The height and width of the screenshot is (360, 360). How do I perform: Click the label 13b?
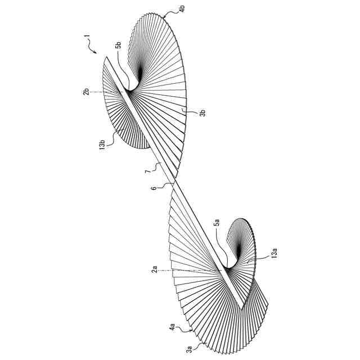pos(102,145)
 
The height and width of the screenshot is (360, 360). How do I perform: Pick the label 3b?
pos(203,112)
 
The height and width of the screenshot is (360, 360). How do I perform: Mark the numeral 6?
pos(154,190)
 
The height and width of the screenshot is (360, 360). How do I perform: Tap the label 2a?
pos(155,271)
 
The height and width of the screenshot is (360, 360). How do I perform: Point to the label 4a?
pos(170,327)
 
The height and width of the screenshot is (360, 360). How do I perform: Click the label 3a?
pos(190,349)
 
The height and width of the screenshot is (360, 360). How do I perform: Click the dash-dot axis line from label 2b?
pos(110,92)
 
